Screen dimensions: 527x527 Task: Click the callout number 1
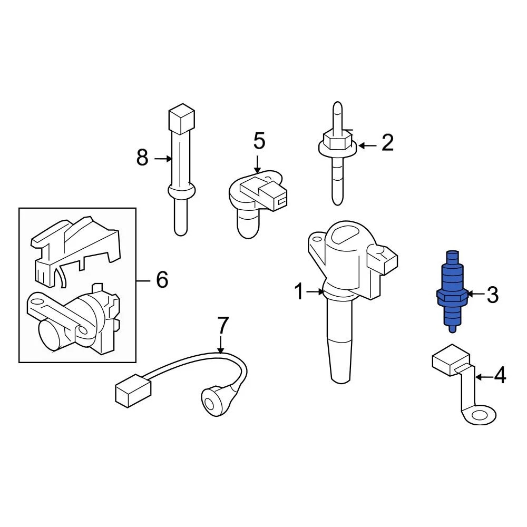[299, 291]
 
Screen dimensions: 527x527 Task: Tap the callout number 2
[387, 143]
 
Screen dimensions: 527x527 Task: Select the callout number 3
[492, 295]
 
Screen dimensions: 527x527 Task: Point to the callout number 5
[259, 141]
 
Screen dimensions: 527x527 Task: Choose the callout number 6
[161, 279]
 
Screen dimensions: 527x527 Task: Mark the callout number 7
[223, 326]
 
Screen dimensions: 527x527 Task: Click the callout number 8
[142, 158]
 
